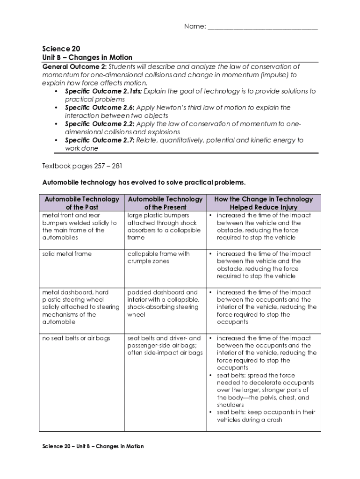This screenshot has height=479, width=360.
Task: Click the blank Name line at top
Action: pyautogui.click(x=262, y=27)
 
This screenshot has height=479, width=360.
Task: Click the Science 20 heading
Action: pyautogui.click(x=58, y=49)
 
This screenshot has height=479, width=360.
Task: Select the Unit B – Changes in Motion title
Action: pyautogui.click(x=87, y=58)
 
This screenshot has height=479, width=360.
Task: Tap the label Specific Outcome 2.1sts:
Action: pyautogui.click(x=103, y=91)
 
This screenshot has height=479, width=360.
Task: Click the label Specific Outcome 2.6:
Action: pyautogui.click(x=99, y=108)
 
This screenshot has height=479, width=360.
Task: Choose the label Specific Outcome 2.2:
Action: pyautogui.click(x=100, y=124)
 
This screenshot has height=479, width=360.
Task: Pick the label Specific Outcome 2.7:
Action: pyautogui.click(x=100, y=140)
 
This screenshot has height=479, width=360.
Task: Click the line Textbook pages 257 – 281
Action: pyautogui.click(x=82, y=166)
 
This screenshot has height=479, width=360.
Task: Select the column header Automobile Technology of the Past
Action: pyautogui.click(x=82, y=203)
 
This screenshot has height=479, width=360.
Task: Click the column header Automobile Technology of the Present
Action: pyautogui.click(x=165, y=203)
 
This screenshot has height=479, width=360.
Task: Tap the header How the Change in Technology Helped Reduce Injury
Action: pyautogui.click(x=263, y=203)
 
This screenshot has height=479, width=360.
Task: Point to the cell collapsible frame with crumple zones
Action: pyautogui.click(x=158, y=258)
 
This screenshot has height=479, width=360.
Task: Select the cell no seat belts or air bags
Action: pyautogui.click(x=76, y=338)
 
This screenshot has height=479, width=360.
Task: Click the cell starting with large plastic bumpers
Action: pyautogui.click(x=164, y=226)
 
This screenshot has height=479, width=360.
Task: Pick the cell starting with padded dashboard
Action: pyautogui.click(x=163, y=304)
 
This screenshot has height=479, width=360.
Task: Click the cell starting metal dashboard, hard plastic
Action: pyautogui.click(x=81, y=307)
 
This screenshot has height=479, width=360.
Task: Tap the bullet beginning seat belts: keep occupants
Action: pyautogui.click(x=266, y=416)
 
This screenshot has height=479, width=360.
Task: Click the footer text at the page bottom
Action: pyautogui.click(x=93, y=446)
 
